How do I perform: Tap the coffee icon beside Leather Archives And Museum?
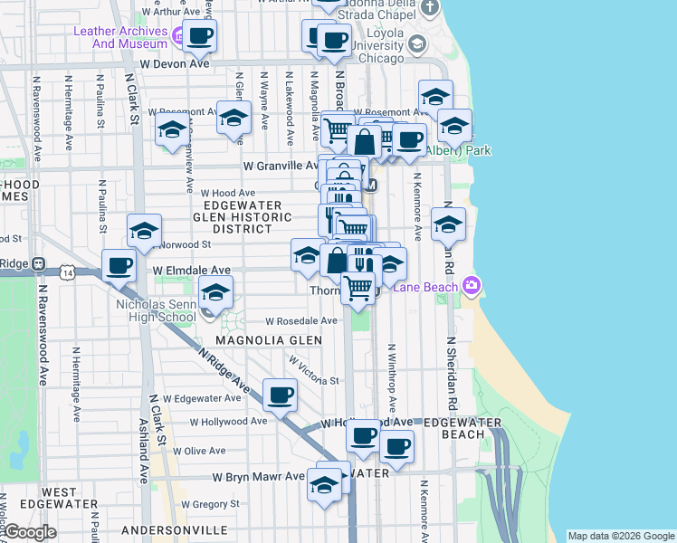pos(201,36)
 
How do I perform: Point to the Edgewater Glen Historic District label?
pos(242,217)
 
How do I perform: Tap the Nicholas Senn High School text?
pos(156,310)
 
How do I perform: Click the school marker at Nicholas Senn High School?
pos(215,293)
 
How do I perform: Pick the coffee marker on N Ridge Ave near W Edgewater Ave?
pos(280,395)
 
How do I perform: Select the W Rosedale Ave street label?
pos(300,320)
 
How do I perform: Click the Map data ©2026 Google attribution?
pos(620,536)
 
